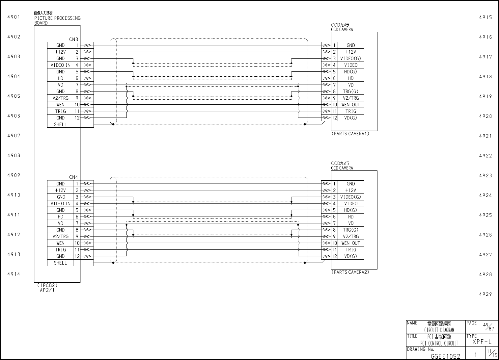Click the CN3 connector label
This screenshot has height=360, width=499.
pos(74,39)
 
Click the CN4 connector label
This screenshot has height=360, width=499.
pos(74,178)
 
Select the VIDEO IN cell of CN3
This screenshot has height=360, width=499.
pos(61,65)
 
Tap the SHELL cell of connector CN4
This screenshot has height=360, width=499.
pos(61,263)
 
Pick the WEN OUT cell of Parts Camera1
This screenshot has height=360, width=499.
pos(350,105)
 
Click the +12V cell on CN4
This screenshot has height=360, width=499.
pos(61,191)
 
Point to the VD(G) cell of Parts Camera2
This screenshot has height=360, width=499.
pos(350,256)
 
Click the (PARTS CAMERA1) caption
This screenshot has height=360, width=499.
pos(350,134)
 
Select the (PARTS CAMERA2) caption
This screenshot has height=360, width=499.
pos(350,272)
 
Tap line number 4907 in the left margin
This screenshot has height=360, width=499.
pos(14,136)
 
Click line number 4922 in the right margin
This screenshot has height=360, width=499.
pos(485,156)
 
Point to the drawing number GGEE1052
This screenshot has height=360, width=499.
pos(445,356)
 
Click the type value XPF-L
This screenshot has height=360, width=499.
pos(482,342)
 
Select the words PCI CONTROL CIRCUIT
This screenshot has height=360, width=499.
pos(437,343)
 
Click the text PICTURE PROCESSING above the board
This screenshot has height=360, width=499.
pos(57,18)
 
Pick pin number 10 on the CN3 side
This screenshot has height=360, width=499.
pos(77,105)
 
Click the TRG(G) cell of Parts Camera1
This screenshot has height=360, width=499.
pos(350,91)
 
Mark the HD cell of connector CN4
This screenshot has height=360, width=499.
pos(61,217)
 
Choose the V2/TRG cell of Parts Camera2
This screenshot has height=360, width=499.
pos(350,237)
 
